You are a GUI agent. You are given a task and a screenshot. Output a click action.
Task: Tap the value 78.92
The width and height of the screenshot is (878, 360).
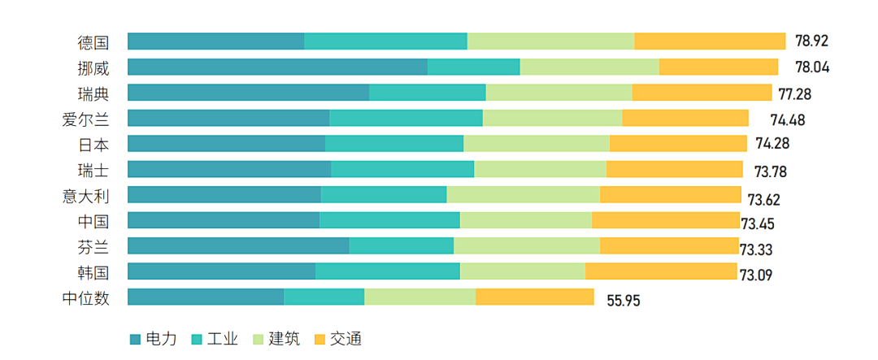[x=811, y=41]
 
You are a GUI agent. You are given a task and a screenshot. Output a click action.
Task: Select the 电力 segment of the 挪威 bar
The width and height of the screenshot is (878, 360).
[x=277, y=67]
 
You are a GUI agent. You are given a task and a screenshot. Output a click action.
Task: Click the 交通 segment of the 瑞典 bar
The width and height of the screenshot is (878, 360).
[x=702, y=93]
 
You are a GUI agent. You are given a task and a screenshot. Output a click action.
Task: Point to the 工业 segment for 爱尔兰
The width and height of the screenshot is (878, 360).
[x=406, y=118]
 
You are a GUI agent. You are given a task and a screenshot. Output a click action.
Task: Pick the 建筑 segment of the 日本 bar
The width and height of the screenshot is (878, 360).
[x=537, y=144]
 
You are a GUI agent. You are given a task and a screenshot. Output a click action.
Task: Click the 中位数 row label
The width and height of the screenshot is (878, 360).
[x=85, y=297]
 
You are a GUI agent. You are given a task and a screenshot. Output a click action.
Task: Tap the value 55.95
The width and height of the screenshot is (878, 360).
[x=624, y=300]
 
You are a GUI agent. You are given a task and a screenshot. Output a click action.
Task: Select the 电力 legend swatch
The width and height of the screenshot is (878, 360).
[x=135, y=339]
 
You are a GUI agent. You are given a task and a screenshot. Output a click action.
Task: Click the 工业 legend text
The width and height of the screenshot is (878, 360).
[x=223, y=339]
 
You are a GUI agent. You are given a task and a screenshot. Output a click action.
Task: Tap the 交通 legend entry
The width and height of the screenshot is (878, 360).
[x=346, y=339]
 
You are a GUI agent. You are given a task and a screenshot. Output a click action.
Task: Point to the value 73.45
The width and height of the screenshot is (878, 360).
[x=757, y=223]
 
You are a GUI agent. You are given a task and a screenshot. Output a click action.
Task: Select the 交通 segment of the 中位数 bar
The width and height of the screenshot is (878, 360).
[x=534, y=297]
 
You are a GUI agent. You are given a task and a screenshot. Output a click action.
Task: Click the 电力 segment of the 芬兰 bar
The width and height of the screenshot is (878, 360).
[x=238, y=246]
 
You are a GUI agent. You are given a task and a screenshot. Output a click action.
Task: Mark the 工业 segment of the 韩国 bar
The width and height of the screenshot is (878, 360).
[x=387, y=271]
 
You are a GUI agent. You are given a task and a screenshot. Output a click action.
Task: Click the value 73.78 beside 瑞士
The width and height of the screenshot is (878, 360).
[x=771, y=171]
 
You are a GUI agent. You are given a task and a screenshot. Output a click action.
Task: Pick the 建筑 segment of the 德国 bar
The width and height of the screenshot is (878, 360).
[x=550, y=41]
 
